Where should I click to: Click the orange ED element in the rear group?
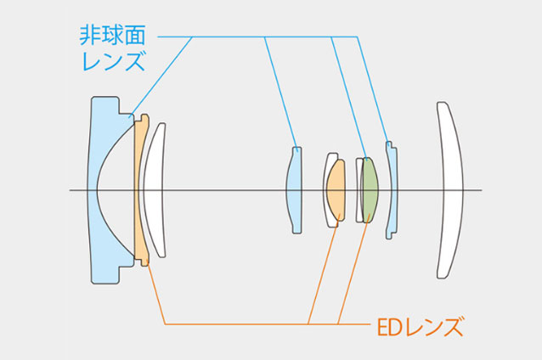pyautogui.click(x=337, y=190)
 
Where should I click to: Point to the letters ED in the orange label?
pyautogui.click(x=387, y=325)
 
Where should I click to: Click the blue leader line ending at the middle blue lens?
pyautogui.click(x=280, y=93)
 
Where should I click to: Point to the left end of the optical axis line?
pyautogui.click(x=71, y=189)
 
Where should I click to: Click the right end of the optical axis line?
pyautogui.click(x=481, y=189)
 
